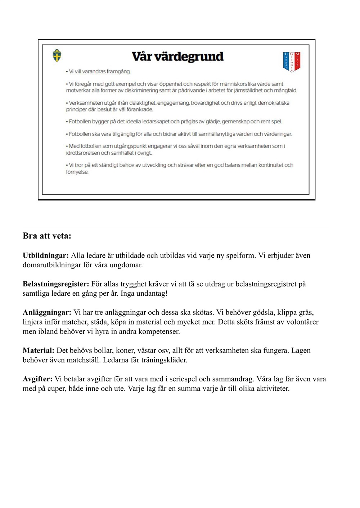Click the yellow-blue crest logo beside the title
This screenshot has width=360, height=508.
point(57,56)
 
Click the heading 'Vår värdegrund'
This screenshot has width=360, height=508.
point(177,56)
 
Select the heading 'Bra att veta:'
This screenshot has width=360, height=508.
point(47,236)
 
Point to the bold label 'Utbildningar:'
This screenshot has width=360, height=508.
point(45,255)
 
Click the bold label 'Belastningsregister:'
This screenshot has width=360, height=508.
point(56,284)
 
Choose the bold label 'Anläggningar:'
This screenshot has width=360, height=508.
point(47,312)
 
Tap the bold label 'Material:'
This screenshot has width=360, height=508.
point(39,350)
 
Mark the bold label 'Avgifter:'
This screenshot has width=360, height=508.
point(37,379)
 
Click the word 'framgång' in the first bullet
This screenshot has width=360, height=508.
point(118,72)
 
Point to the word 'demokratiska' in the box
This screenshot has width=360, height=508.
point(273,103)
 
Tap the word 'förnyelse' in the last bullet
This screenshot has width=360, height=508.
point(77,172)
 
